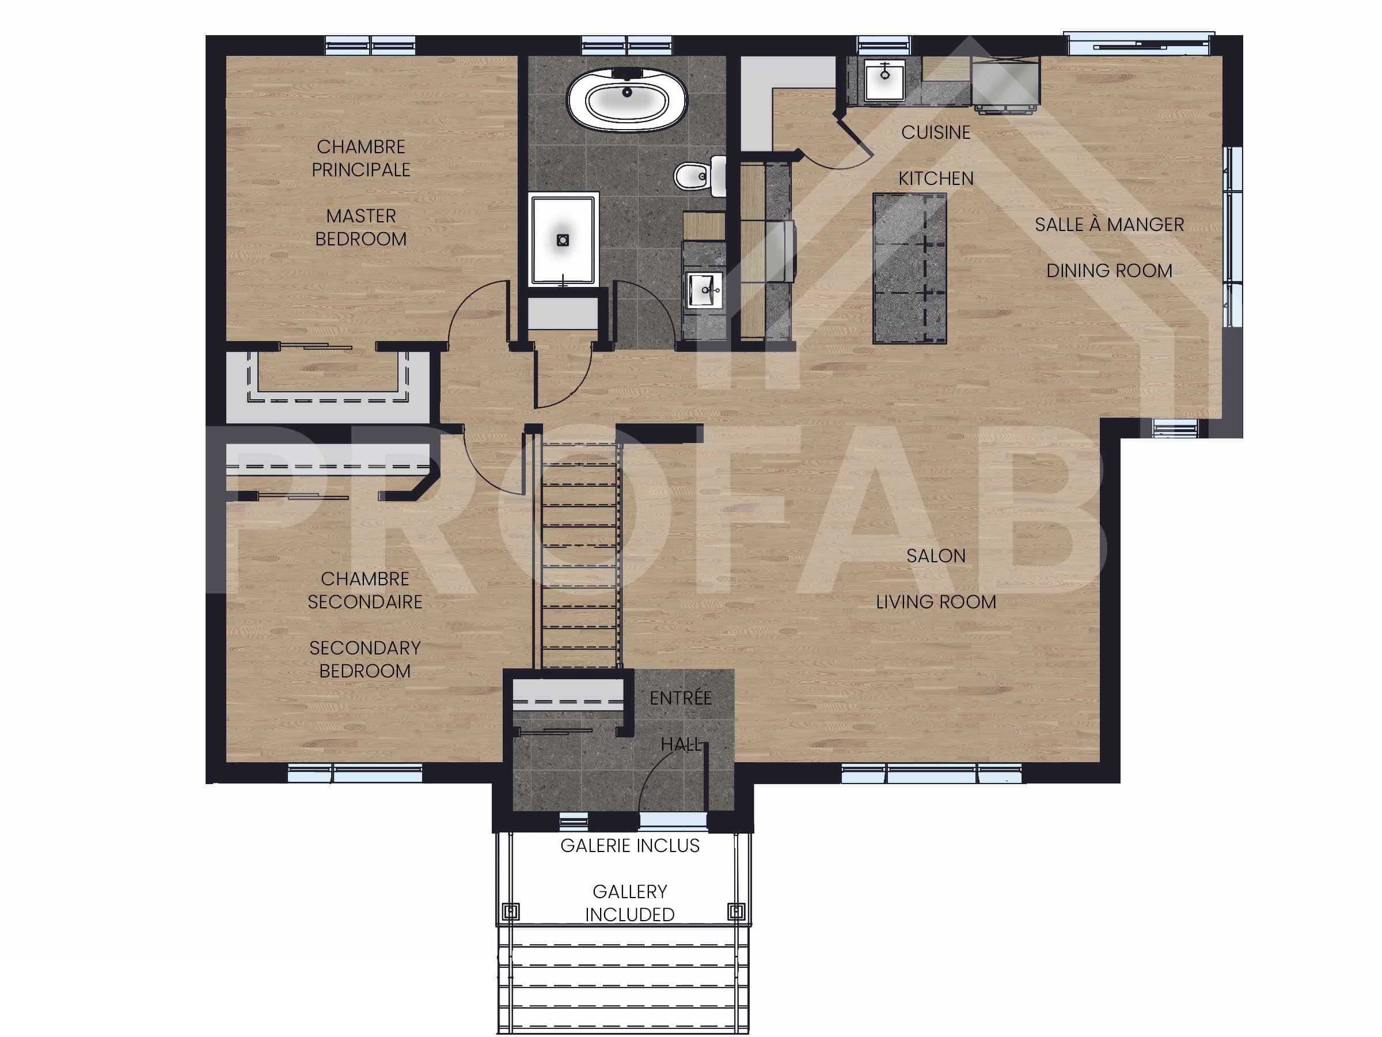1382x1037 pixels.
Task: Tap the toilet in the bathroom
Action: pyautogui.click(x=697, y=176)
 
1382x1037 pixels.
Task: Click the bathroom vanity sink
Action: pyautogui.click(x=705, y=290)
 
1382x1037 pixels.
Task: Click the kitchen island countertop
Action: pyautogui.click(x=910, y=269)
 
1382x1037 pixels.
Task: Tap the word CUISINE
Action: pyautogui.click(x=935, y=133)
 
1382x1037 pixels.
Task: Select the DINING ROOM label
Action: pyautogui.click(x=1109, y=271)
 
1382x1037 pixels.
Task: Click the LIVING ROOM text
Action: pyautogui.click(x=935, y=602)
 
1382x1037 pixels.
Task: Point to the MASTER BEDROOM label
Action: pyautogui.click(x=360, y=228)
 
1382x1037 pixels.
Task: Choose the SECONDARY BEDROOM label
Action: pyautogui.click(x=365, y=659)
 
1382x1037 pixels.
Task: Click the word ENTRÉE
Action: pyautogui.click(x=681, y=698)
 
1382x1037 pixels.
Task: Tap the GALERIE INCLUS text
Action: pyautogui.click(x=630, y=846)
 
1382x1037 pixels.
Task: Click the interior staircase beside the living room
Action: pyautogui.click(x=580, y=557)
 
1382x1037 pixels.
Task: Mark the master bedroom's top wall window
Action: pyautogui.click(x=370, y=45)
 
